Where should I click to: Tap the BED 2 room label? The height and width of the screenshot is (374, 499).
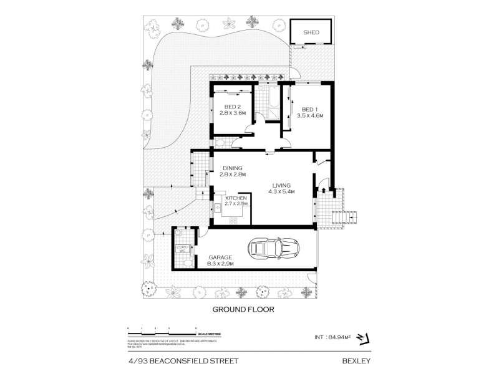click(x=232, y=107)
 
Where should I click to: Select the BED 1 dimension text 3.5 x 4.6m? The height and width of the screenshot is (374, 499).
click(x=309, y=116)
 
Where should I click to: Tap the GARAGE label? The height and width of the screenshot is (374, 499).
click(x=220, y=257)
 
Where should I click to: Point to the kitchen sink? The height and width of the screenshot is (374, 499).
click(x=216, y=208)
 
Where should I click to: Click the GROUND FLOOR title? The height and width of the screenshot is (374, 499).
click(x=244, y=308)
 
